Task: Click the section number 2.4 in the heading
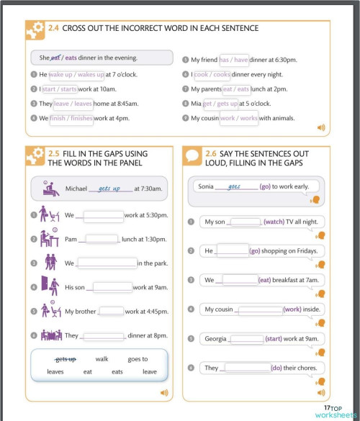coord(54,28)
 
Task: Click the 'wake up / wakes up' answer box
coord(76,74)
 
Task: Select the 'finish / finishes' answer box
coord(71,118)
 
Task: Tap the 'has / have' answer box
coord(234,60)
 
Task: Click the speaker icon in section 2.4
coord(321,127)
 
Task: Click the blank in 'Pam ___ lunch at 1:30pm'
coord(102,239)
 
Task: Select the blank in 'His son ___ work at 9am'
coord(109,287)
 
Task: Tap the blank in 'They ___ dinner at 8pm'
coord(104,335)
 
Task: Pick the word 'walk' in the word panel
coord(102,359)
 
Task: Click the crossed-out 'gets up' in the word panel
coord(66,359)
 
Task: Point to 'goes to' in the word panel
coord(138,359)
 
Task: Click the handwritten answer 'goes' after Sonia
coord(235,186)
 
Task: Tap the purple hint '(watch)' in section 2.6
coord(274,222)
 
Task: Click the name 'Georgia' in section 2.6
coord(215,338)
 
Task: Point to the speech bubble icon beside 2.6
coord(192,155)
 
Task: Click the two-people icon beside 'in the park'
coord(50,262)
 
